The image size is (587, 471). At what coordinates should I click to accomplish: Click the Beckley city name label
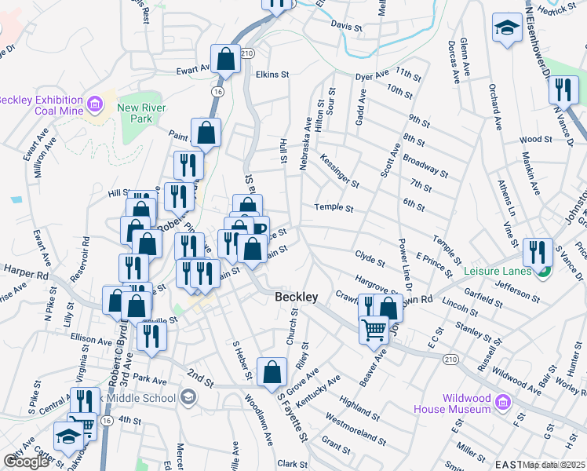click(297, 298)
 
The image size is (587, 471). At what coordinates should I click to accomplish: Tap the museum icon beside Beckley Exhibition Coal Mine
click(95, 104)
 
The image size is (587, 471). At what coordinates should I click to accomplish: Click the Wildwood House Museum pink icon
click(503, 403)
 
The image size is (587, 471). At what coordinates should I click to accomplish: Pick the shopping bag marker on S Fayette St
click(272, 372)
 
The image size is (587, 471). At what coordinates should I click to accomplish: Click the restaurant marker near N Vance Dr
click(562, 89)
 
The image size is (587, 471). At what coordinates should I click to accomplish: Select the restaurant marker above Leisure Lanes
click(538, 251)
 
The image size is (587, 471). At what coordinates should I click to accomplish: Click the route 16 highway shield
click(217, 92)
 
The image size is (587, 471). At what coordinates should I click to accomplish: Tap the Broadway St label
click(425, 166)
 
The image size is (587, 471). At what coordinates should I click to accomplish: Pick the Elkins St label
click(272, 75)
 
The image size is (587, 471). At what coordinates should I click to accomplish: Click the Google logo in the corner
click(26, 462)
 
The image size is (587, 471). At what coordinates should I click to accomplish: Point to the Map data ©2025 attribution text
click(554, 465)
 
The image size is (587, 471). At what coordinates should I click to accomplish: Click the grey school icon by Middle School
click(188, 398)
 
